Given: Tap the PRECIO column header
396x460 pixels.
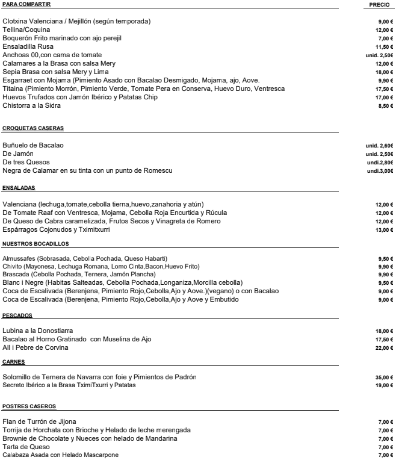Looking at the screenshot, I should pyautogui.click(x=380, y=5).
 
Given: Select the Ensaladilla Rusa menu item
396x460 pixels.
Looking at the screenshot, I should pyautogui.click(x=27, y=46).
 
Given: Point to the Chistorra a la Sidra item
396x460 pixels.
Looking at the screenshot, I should pyautogui.click(x=32, y=105).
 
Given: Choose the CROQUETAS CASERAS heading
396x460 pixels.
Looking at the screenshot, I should pyautogui.click(x=33, y=128).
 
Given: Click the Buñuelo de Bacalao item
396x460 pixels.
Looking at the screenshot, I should pyautogui.click(x=33, y=146).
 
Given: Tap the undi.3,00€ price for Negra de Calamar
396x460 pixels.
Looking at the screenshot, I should pyautogui.click(x=380, y=171).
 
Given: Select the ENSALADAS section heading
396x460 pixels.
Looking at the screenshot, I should pyautogui.click(x=19, y=188).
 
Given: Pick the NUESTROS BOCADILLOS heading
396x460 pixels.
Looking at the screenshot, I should pyautogui.click(x=36, y=244).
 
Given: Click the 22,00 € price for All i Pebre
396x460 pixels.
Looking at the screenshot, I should pyautogui.click(x=383, y=348).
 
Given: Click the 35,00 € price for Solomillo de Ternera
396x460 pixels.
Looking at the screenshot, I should pyautogui.click(x=383, y=378).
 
